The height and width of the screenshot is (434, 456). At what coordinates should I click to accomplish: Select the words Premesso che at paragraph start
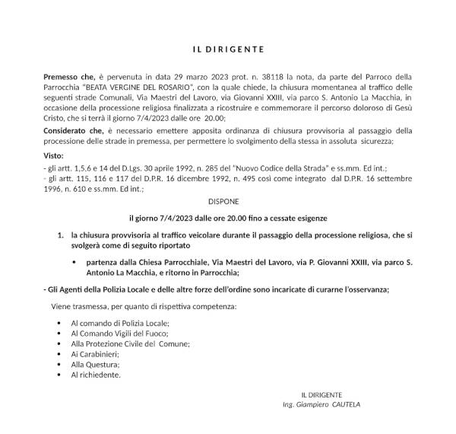(69, 77)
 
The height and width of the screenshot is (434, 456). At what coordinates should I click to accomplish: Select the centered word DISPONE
(224, 202)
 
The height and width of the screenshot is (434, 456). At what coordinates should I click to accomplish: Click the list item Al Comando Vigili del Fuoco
(119, 333)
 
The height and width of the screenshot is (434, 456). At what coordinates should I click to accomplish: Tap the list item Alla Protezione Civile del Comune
(130, 343)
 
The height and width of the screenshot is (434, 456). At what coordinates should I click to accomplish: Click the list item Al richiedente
(96, 375)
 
